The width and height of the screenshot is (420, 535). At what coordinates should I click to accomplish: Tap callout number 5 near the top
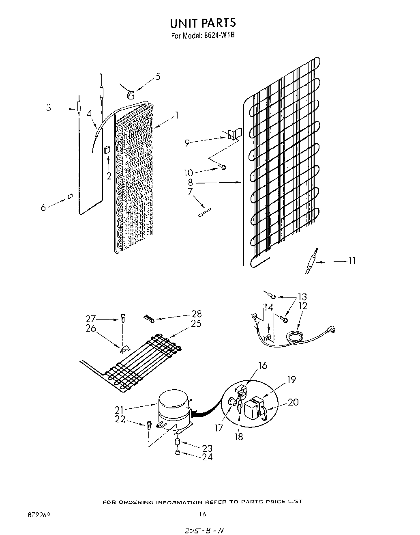click(158, 76)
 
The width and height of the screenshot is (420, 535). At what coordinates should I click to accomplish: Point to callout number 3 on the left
click(49, 108)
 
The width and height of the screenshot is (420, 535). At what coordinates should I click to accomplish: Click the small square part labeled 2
click(107, 150)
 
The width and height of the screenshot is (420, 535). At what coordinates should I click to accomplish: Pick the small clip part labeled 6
click(70, 196)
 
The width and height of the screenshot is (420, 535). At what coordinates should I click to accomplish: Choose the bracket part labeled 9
click(233, 134)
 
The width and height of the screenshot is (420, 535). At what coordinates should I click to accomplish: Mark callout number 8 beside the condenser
click(190, 182)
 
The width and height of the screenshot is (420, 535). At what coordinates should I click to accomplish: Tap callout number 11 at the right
click(352, 261)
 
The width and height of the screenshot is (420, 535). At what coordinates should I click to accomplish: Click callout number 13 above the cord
click(302, 297)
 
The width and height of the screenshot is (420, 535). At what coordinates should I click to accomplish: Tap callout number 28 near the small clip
click(196, 314)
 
